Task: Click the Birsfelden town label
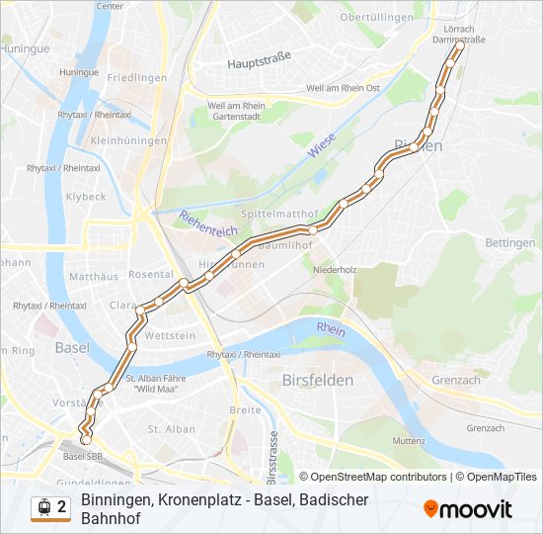(x=318, y=380)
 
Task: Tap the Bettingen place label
(x=510, y=242)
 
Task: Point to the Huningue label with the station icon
(x=78, y=72)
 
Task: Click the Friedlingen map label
(x=136, y=77)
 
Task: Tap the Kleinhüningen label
(x=124, y=142)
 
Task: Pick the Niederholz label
(x=334, y=269)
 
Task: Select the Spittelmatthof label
(x=279, y=214)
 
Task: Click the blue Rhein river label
(x=332, y=330)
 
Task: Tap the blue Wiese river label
(x=321, y=147)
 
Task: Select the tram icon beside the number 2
(x=43, y=507)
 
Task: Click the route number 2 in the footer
(x=62, y=507)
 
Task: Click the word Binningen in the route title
(x=116, y=499)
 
